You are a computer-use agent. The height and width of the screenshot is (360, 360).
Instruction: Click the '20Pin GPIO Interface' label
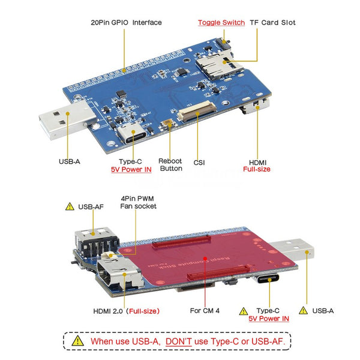coord(126,22)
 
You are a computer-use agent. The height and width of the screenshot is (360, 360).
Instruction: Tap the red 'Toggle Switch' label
coord(221,22)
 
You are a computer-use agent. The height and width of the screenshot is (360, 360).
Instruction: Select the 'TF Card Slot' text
coord(274,22)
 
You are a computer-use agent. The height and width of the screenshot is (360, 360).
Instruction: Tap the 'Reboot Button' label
coord(170,165)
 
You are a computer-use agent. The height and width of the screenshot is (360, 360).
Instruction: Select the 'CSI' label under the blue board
coord(199,161)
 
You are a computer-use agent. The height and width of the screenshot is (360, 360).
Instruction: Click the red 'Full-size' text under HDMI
coord(256,169)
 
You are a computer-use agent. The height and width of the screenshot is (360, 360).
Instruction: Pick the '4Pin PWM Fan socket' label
coord(138,202)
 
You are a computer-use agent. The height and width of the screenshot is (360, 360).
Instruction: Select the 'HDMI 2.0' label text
coord(107,311)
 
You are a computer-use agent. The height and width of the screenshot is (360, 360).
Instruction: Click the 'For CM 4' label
coord(204,311)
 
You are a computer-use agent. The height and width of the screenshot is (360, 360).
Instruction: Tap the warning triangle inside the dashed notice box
coord(78,341)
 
